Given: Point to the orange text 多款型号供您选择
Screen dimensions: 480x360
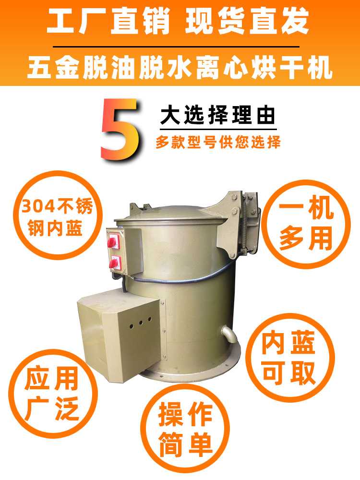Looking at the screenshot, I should (x=218, y=143).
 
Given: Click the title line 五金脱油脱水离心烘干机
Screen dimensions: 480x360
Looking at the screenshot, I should (x=180, y=68).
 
